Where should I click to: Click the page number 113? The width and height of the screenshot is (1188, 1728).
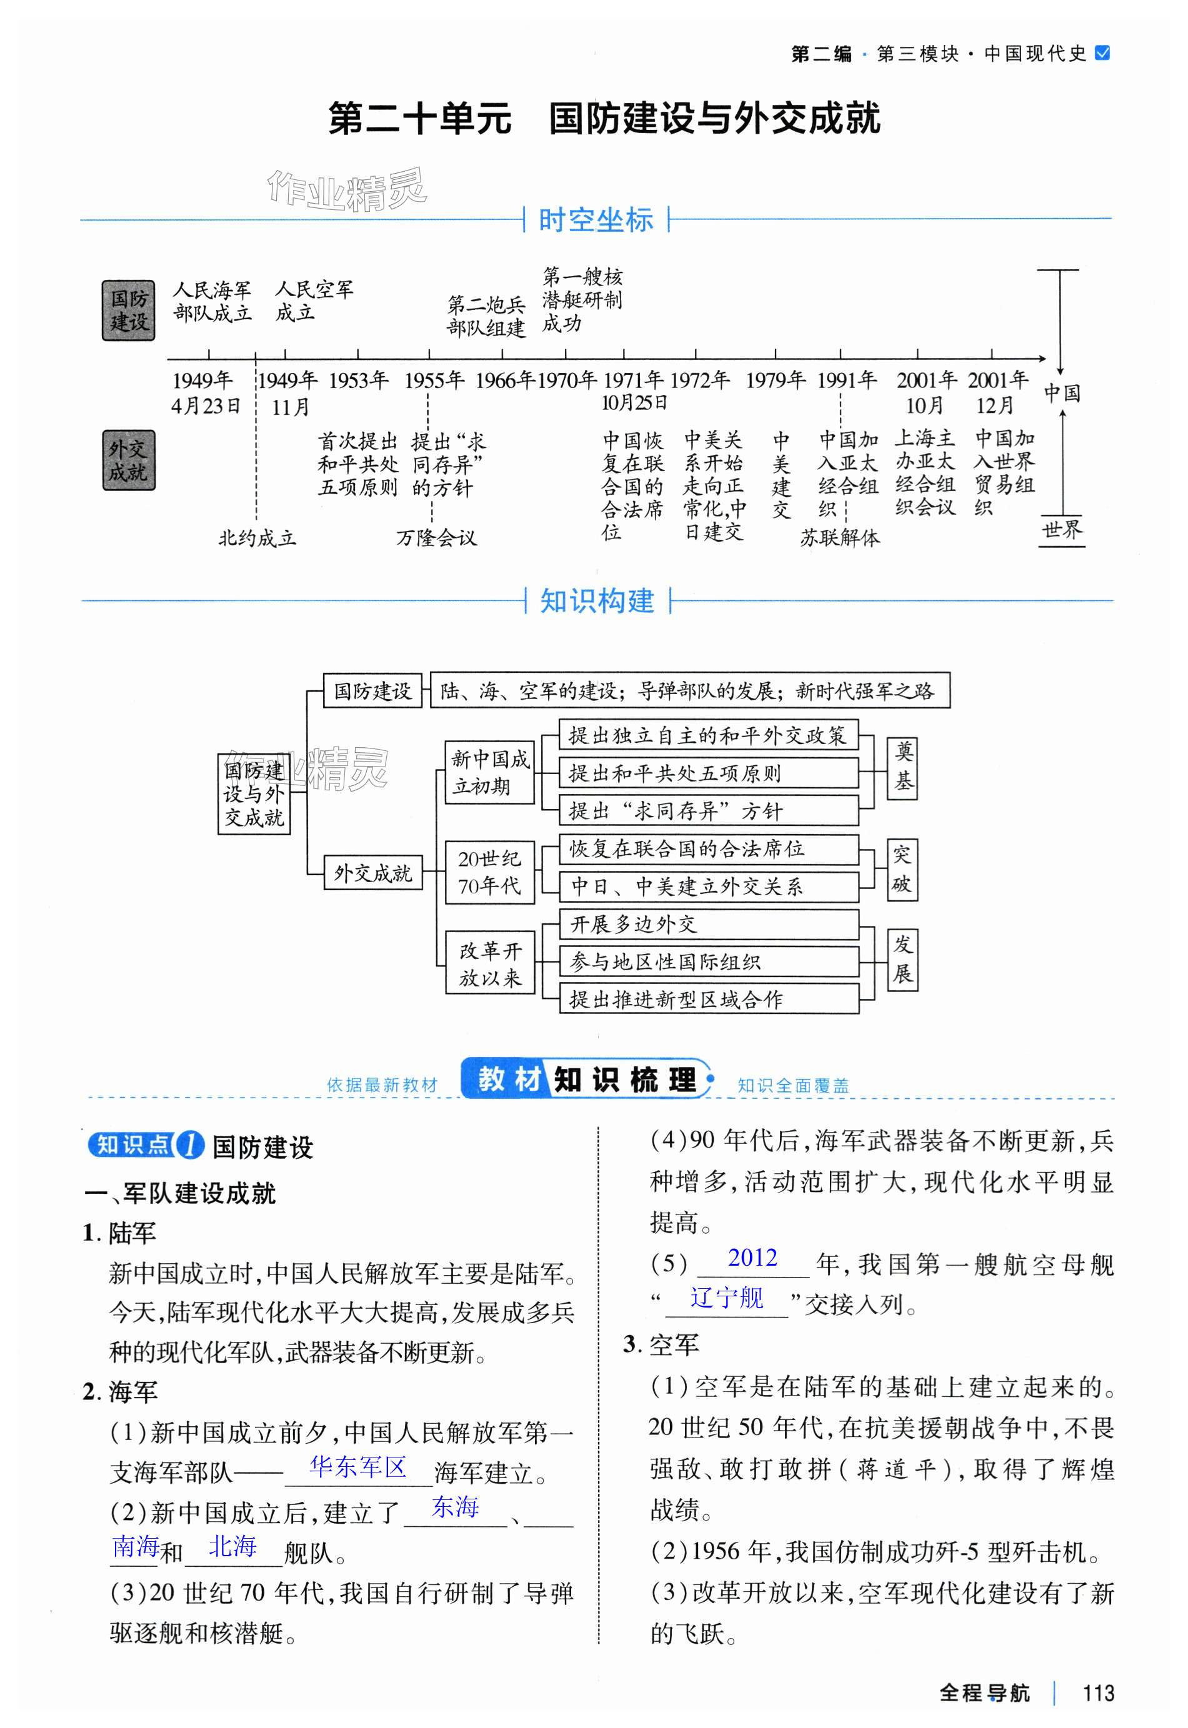[1098, 1693]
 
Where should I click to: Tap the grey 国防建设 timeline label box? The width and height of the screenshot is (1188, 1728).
[129, 310]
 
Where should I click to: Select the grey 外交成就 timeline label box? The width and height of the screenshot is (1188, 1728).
[129, 460]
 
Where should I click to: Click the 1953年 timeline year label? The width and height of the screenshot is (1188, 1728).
[359, 380]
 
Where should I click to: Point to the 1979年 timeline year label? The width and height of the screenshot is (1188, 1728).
[776, 380]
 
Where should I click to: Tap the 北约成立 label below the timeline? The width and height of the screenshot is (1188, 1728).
[257, 537]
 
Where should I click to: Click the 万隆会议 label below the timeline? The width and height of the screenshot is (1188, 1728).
[436, 537]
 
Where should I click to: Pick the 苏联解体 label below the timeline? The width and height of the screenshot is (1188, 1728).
[840, 537]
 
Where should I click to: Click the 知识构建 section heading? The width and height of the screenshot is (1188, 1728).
[597, 600]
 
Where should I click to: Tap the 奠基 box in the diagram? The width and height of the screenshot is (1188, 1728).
[902, 767]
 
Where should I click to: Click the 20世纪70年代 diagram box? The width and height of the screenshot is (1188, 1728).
[490, 872]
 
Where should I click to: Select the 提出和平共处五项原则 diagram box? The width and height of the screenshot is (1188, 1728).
[708, 774]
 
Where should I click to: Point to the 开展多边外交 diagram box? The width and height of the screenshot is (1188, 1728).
[708, 924]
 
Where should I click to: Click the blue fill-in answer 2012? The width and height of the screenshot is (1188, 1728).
[752, 1258]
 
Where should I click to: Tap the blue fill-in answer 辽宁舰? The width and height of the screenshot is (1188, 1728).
[727, 1298]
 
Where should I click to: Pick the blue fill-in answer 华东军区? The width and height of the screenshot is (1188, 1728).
[357, 1467]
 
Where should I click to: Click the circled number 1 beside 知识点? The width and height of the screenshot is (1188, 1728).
[190, 1145]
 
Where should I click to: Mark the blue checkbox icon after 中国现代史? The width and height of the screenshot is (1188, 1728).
[1103, 53]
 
